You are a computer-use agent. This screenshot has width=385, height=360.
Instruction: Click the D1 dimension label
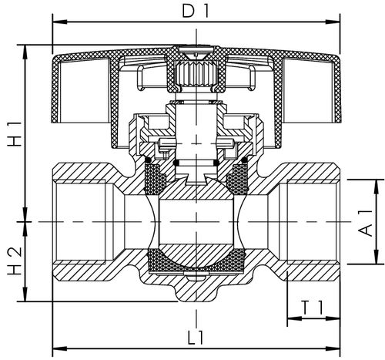coord(195,12)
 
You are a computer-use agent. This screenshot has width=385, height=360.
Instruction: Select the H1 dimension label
coord(15,133)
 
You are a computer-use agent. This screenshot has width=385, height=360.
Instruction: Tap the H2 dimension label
coord(15,261)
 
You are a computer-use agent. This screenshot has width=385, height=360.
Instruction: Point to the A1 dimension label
coord(365,223)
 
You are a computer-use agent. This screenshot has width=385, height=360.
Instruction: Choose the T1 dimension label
coord(313,308)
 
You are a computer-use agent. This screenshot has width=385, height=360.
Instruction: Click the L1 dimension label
coord(196,338)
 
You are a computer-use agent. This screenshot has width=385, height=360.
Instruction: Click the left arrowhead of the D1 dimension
coord(60,22)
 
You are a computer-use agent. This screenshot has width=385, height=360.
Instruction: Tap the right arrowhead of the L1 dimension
coord(333,348)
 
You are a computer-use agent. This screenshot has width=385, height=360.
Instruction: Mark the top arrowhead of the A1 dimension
coord(377,187)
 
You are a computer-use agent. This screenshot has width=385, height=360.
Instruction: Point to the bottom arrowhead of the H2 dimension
coord(25,294)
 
